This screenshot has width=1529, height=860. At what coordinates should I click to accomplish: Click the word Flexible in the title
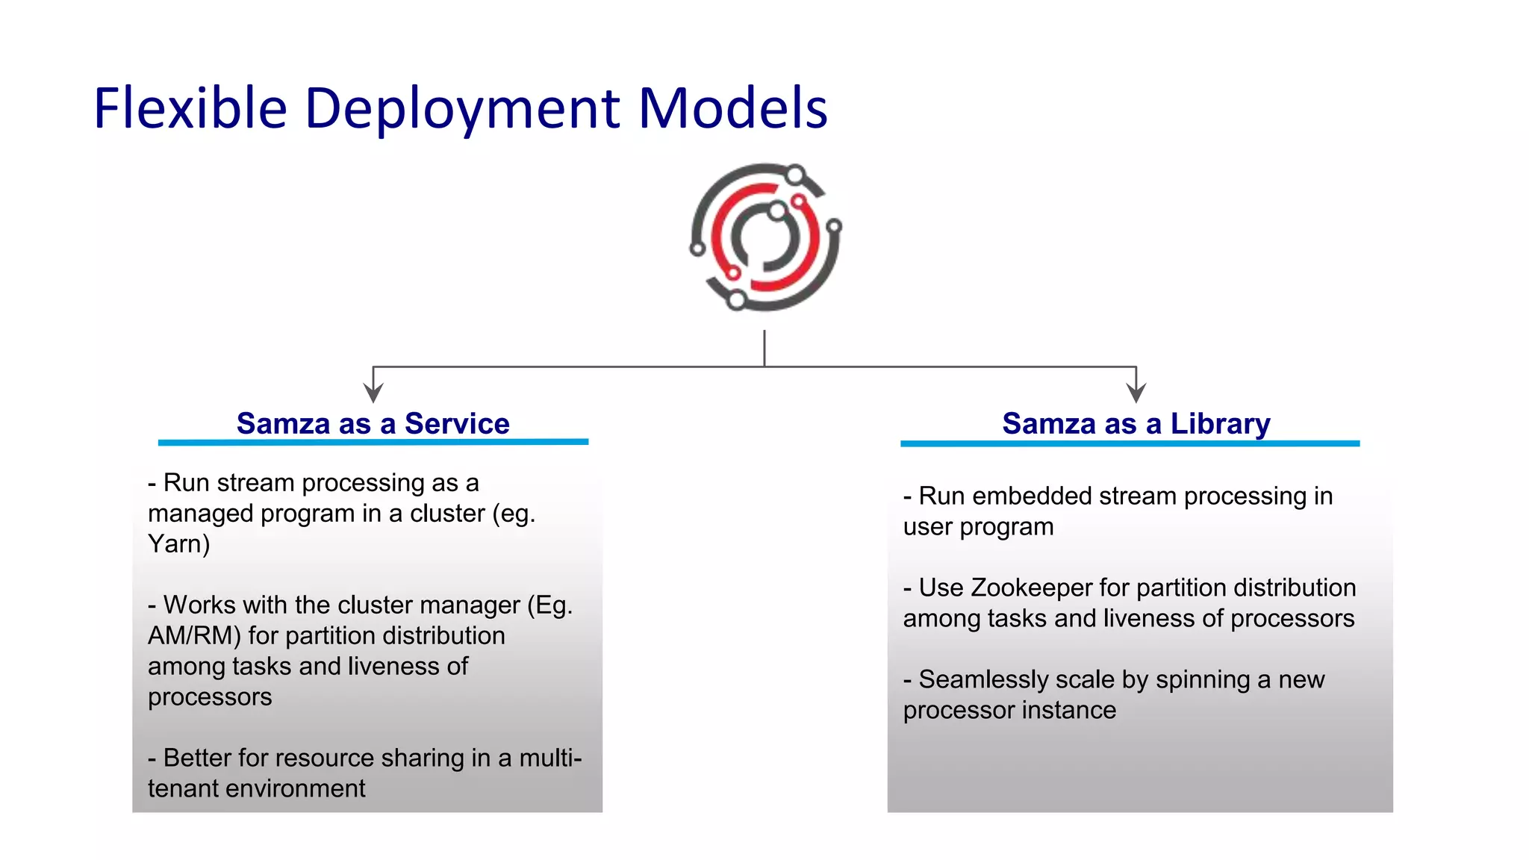[190, 109]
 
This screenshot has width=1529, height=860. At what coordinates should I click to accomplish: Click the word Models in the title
[733, 109]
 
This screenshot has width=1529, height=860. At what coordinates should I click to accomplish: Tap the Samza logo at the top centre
[765, 237]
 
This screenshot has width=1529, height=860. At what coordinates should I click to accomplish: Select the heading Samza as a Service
[373, 423]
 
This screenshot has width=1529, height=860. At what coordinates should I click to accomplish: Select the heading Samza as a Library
[1136, 423]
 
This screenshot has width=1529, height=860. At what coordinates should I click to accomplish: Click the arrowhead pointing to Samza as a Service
[373, 393]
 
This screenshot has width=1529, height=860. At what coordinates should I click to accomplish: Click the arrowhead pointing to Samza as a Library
[1136, 393]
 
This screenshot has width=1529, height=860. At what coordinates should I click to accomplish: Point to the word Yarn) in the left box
[178, 544]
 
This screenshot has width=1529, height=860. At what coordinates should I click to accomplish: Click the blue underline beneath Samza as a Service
[373, 442]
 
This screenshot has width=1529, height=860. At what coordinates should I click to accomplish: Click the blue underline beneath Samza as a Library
[1130, 443]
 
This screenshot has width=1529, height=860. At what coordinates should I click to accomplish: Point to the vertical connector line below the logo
[764, 348]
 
